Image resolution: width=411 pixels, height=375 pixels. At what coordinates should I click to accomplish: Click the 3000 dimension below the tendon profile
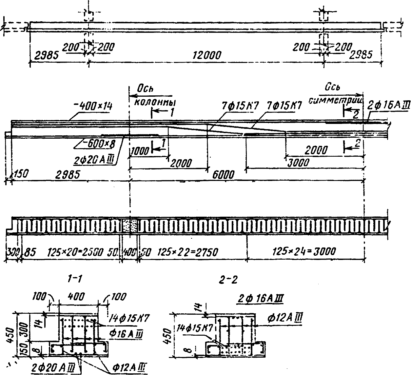298,162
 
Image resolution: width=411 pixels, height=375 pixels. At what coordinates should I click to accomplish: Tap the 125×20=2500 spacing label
77,251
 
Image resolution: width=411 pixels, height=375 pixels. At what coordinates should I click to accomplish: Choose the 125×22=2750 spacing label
188,251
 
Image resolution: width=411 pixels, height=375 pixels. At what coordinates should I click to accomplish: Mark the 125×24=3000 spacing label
304,251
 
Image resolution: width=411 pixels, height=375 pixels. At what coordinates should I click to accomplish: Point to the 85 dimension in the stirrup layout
29,251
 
